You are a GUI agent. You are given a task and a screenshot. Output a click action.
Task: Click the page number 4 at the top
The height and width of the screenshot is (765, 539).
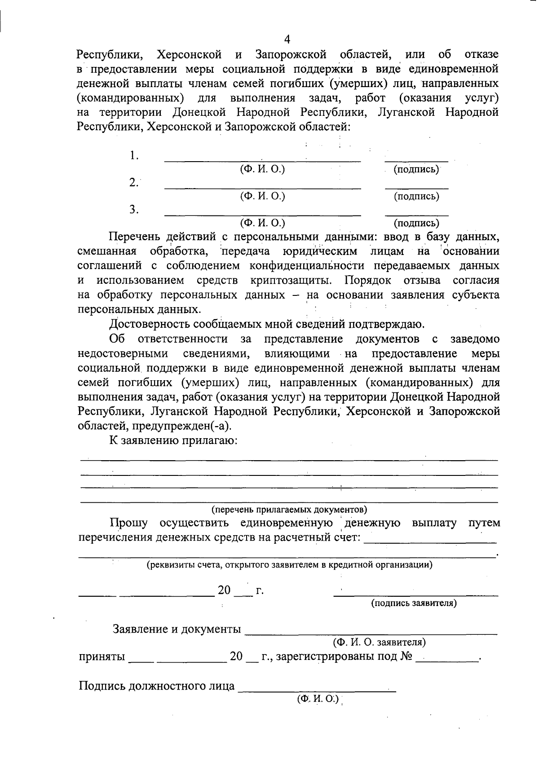point(287,39)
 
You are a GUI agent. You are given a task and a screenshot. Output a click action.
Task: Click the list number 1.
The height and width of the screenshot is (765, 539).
point(134,156)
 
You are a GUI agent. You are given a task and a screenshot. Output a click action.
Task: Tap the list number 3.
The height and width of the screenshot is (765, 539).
point(133,210)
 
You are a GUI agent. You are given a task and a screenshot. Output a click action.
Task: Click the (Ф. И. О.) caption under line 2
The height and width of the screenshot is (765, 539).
point(263,196)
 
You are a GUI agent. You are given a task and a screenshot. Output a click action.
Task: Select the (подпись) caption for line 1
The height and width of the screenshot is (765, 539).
point(416,170)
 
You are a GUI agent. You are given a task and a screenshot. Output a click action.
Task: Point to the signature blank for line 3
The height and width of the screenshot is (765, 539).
point(416,215)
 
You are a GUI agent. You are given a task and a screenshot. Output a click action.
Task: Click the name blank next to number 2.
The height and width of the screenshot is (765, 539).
point(262,188)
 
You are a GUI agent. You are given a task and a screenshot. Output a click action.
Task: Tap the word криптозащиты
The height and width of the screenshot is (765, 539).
point(291,281)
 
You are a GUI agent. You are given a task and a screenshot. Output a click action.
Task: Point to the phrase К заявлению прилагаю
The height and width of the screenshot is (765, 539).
point(173,440)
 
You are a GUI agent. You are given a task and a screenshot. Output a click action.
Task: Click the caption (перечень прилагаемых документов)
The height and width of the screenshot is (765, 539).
point(289,510)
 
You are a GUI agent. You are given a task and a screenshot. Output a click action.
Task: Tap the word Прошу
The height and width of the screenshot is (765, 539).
point(128,523)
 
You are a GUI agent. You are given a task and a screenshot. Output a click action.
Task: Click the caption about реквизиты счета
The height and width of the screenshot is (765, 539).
point(290,565)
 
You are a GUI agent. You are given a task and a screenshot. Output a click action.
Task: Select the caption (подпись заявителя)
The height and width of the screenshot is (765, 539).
point(414,603)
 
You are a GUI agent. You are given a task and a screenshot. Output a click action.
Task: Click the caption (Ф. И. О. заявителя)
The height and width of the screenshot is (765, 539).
point(379,642)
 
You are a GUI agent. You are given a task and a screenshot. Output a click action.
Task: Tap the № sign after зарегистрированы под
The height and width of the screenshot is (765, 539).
point(406,656)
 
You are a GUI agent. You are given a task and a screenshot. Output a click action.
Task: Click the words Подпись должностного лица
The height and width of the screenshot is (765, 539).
point(157,686)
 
